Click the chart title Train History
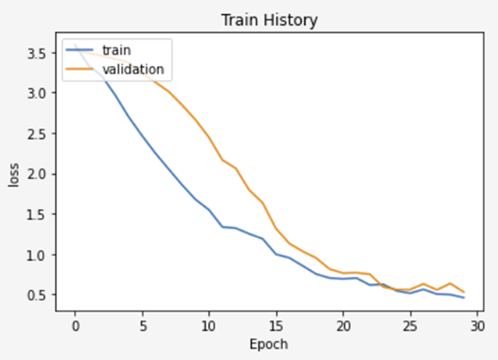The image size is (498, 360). pyautogui.click(x=269, y=19)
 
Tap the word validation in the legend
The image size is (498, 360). pyautogui.click(x=133, y=69)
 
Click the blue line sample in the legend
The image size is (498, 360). pyautogui.click(x=80, y=49)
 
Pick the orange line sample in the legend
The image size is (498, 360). pyautogui.click(x=80, y=69)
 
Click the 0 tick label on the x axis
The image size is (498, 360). pyautogui.click(x=74, y=325)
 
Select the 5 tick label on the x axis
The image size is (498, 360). pyautogui.click(x=141, y=325)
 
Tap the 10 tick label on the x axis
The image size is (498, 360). pyautogui.click(x=208, y=325)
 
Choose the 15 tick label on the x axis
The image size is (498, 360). pyautogui.click(x=276, y=325)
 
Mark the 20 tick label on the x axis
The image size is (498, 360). pyautogui.click(x=343, y=325)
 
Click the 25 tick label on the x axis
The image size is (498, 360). pyautogui.click(x=410, y=325)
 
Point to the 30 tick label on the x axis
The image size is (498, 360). pyautogui.click(x=477, y=325)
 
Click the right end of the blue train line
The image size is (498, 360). pyautogui.click(x=463, y=298)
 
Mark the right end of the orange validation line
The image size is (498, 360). pyautogui.click(x=463, y=292)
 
